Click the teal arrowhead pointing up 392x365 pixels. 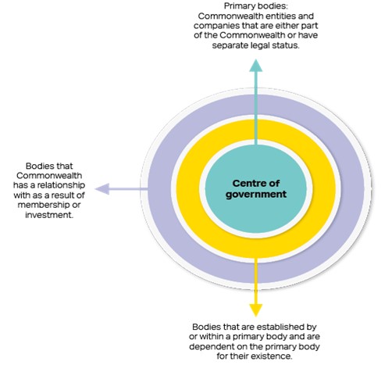point(255,66)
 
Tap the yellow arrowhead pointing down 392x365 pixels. point(255,310)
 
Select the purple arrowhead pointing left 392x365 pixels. point(102,188)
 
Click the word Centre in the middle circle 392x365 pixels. point(247,183)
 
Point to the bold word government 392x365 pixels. point(256,195)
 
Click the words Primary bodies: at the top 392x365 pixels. point(256,6)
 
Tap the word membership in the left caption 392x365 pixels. point(44,205)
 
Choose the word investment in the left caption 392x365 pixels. point(48,215)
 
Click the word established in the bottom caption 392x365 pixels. point(278,327)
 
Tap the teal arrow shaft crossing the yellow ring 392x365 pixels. point(256,131)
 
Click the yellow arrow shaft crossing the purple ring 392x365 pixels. point(256,270)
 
